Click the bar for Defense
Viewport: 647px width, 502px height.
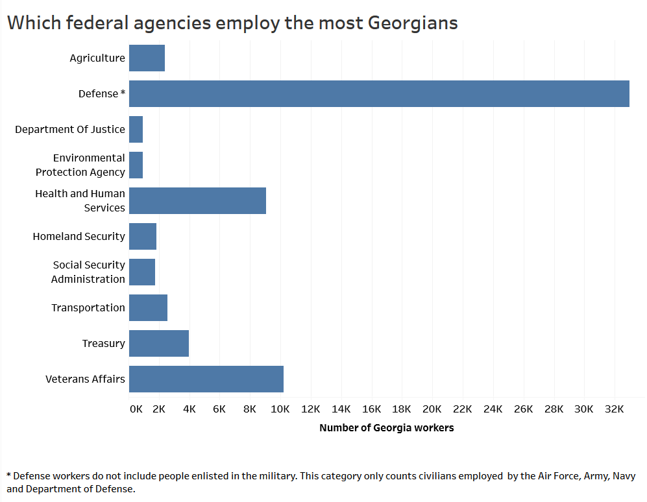tap(379, 93)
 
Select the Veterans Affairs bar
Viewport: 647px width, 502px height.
tap(206, 379)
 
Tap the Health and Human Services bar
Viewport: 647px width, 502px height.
tap(197, 200)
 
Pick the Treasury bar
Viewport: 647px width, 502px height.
tap(159, 343)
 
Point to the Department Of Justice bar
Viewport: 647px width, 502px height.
tap(136, 129)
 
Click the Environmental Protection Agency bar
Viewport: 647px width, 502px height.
tap(136, 165)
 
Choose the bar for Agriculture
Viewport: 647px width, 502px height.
tap(147, 58)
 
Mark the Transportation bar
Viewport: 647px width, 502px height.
tap(148, 307)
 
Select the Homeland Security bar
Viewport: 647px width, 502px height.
tap(143, 236)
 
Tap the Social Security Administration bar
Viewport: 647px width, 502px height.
tap(142, 272)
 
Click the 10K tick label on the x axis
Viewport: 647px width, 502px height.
tap(280, 409)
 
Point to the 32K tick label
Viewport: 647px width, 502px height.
tap(614, 409)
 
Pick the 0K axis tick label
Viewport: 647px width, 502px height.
tap(136, 409)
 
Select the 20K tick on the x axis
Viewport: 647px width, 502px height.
tap(432, 409)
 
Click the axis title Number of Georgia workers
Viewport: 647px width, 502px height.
tap(386, 428)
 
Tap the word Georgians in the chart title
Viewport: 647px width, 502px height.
tap(413, 23)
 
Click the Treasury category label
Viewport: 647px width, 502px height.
tap(103, 343)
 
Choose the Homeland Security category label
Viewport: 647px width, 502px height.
tap(79, 236)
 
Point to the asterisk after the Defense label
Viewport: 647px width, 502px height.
tap(123, 93)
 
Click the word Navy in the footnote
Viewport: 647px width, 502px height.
tap(624, 476)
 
